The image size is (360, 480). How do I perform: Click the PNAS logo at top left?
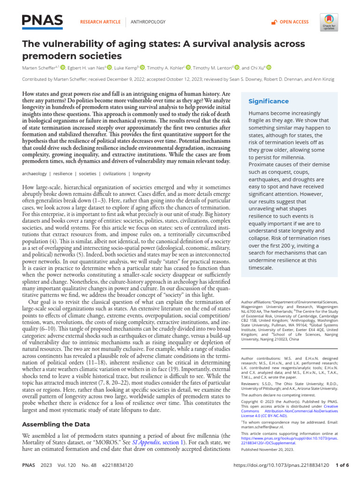coord(42,21)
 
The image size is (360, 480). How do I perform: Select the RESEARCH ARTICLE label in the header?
coord(101,22)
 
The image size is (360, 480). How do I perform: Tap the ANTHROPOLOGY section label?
coord(148,22)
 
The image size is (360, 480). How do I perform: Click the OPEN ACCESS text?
coord(294,22)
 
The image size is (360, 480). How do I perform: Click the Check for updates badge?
coord(328,22)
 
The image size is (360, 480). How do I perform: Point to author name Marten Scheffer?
coord(39,67)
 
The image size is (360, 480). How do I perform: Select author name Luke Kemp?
coord(127,67)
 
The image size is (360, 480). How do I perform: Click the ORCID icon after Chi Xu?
coord(269,67)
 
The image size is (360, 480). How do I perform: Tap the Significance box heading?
coord(268,101)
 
